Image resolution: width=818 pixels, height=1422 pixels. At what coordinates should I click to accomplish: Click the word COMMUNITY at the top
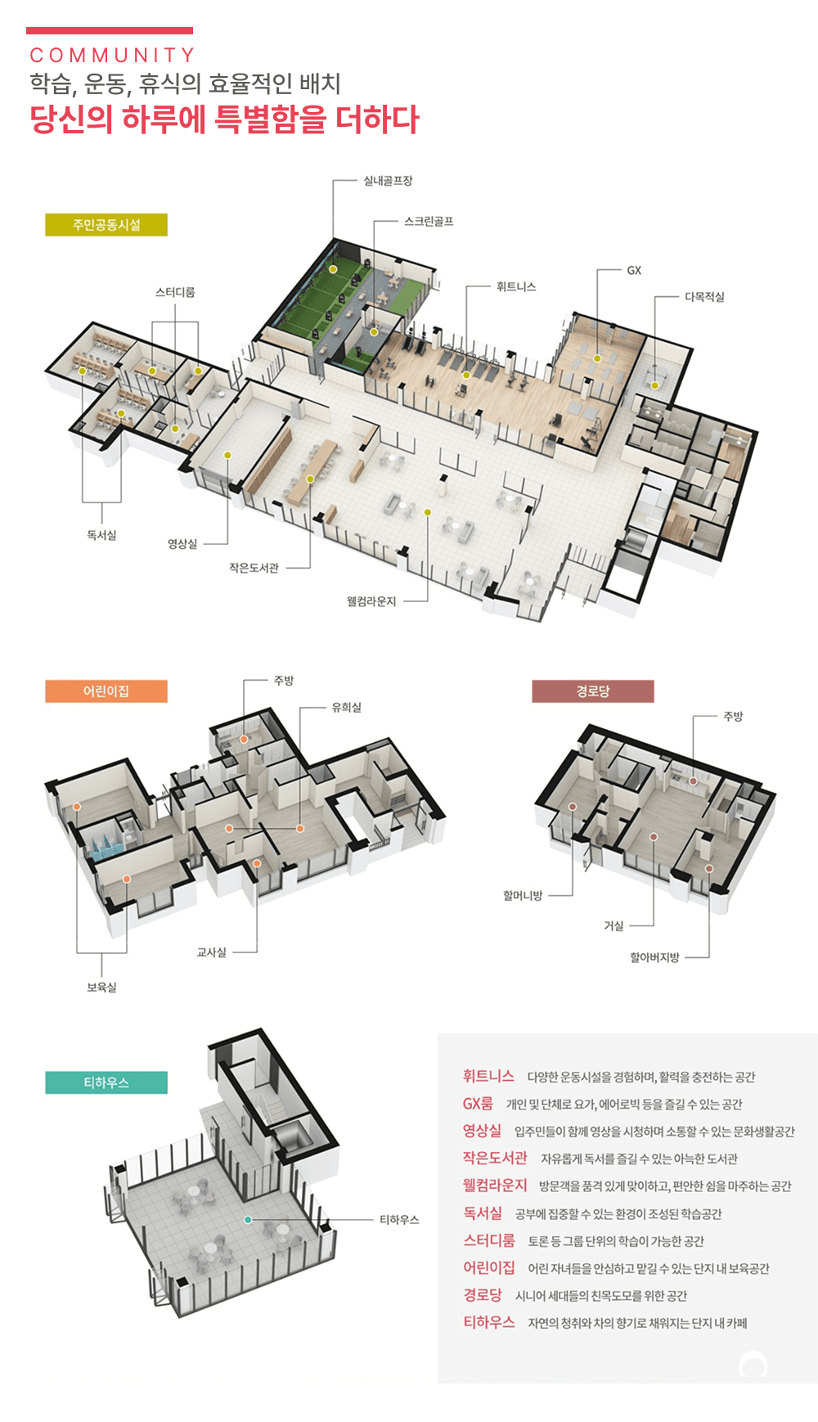tap(112, 56)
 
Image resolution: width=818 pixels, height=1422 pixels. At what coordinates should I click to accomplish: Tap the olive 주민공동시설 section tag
tap(106, 225)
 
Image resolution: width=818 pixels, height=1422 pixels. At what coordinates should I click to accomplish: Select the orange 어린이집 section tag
tap(106, 691)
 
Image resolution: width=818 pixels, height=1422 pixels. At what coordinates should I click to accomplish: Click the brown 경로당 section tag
tap(593, 691)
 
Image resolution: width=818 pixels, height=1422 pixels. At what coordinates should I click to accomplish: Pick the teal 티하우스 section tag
tap(106, 1082)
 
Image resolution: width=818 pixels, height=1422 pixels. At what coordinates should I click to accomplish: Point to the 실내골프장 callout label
tap(388, 181)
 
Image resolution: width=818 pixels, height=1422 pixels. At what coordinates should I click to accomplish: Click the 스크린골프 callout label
tap(429, 222)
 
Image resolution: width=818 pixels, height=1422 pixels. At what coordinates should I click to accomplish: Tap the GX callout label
tap(634, 271)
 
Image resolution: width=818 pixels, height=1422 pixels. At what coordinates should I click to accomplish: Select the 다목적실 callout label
tap(704, 297)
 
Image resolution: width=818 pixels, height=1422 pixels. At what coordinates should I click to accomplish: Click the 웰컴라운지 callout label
tap(371, 601)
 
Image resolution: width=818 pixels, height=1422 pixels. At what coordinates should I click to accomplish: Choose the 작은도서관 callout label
tap(254, 568)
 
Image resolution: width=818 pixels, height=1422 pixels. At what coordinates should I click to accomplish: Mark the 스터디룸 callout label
tap(175, 292)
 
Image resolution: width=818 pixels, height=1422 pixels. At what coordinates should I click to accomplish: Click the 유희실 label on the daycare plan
tap(346, 708)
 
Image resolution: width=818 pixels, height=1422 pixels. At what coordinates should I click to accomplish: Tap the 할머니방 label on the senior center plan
tap(523, 896)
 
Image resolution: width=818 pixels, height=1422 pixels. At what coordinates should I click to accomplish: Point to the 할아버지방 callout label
tap(654, 957)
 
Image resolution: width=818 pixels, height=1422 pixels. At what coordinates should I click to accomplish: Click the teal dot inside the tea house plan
tap(248, 1220)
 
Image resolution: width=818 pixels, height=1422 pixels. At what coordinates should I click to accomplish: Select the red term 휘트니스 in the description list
tap(488, 1077)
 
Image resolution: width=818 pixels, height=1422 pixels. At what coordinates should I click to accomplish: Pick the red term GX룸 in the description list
tap(478, 1104)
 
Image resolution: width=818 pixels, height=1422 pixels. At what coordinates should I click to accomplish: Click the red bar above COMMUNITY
tap(110, 30)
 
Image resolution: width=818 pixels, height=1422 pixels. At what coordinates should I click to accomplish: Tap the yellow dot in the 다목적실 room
tap(654, 385)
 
